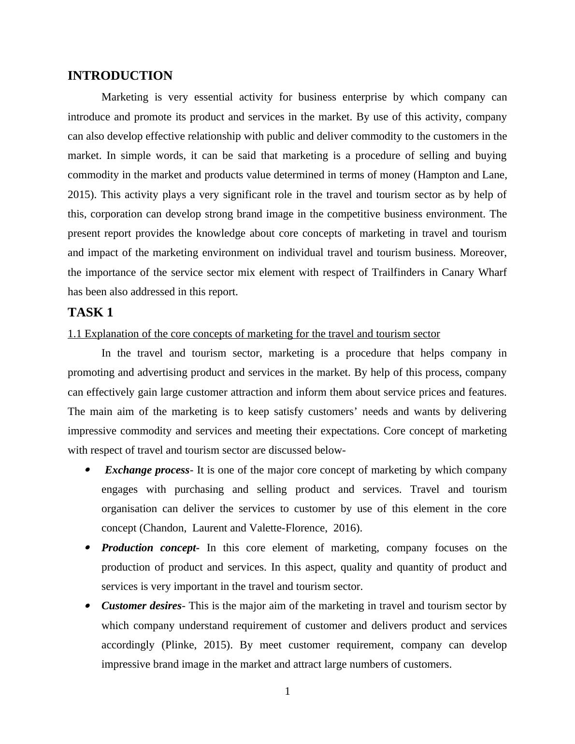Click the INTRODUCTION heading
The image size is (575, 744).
120,76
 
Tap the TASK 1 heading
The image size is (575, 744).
90,313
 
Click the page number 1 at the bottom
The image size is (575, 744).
287,691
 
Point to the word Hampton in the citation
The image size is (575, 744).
437,175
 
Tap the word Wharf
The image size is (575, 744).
492,272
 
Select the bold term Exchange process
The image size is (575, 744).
147,470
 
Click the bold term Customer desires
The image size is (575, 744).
141,606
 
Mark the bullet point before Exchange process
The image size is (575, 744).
87,470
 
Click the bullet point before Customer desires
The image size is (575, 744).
87,605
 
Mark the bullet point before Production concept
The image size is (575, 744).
87,547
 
